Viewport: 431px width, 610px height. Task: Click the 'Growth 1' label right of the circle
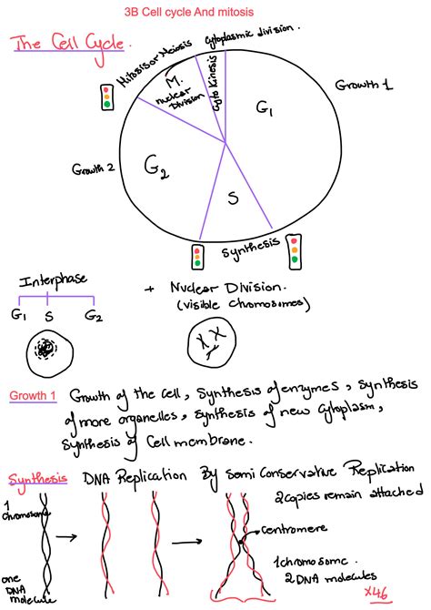364,85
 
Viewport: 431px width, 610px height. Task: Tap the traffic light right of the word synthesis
294,251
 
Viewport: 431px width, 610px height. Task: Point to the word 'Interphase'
55,281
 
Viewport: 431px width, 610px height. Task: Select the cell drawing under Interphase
45,348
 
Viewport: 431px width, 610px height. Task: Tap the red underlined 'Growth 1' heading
34,396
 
